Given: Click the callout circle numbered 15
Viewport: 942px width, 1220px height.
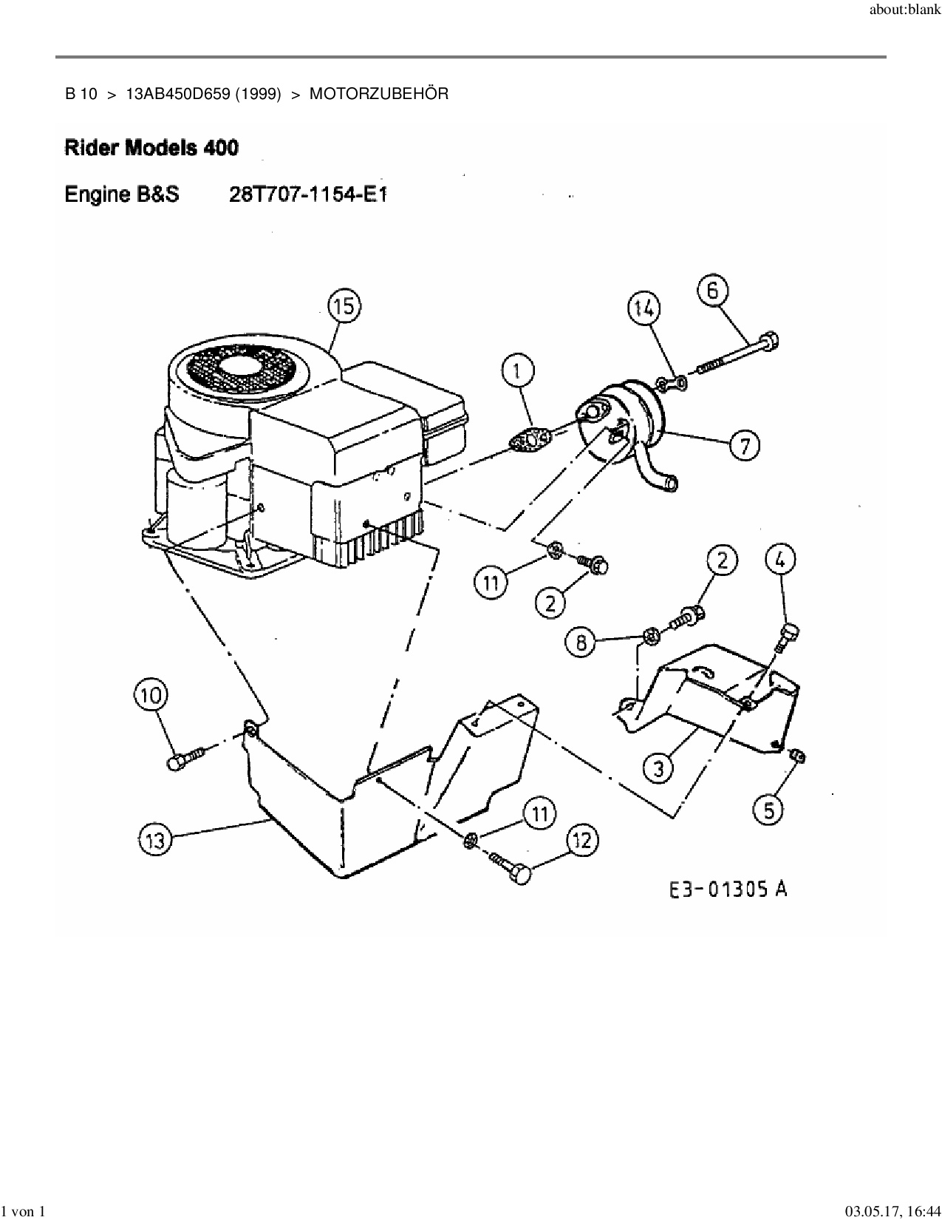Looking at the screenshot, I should pos(344,306).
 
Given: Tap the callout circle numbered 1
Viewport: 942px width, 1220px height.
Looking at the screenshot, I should pos(518,372).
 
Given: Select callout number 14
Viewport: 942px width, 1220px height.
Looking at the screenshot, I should pos(644,308).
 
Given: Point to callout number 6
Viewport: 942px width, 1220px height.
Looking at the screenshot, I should pos(712,291).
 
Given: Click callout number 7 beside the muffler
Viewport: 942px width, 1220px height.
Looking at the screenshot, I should pos(744,445).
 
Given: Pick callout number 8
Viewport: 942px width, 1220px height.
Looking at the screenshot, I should pos(581,643).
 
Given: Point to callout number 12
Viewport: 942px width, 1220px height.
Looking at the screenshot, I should pos(582,840).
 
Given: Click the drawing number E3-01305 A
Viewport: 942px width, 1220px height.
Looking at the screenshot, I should pos(728,889).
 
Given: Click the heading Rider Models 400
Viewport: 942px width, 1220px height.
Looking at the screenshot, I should pos(151,148).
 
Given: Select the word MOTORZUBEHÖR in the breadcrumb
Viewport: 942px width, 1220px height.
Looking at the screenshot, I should pos(378,94).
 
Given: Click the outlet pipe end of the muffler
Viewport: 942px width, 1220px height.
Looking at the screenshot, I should pos(672,484).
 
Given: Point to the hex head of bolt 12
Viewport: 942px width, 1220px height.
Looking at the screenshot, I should pos(521,874).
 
